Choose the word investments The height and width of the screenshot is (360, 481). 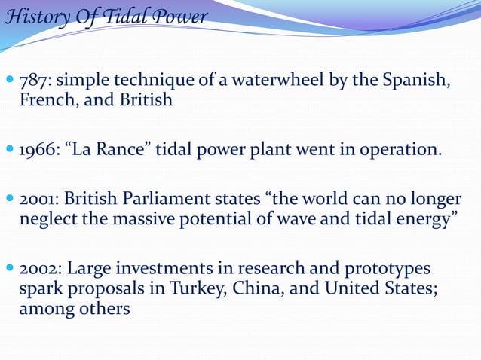tap(159, 269)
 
